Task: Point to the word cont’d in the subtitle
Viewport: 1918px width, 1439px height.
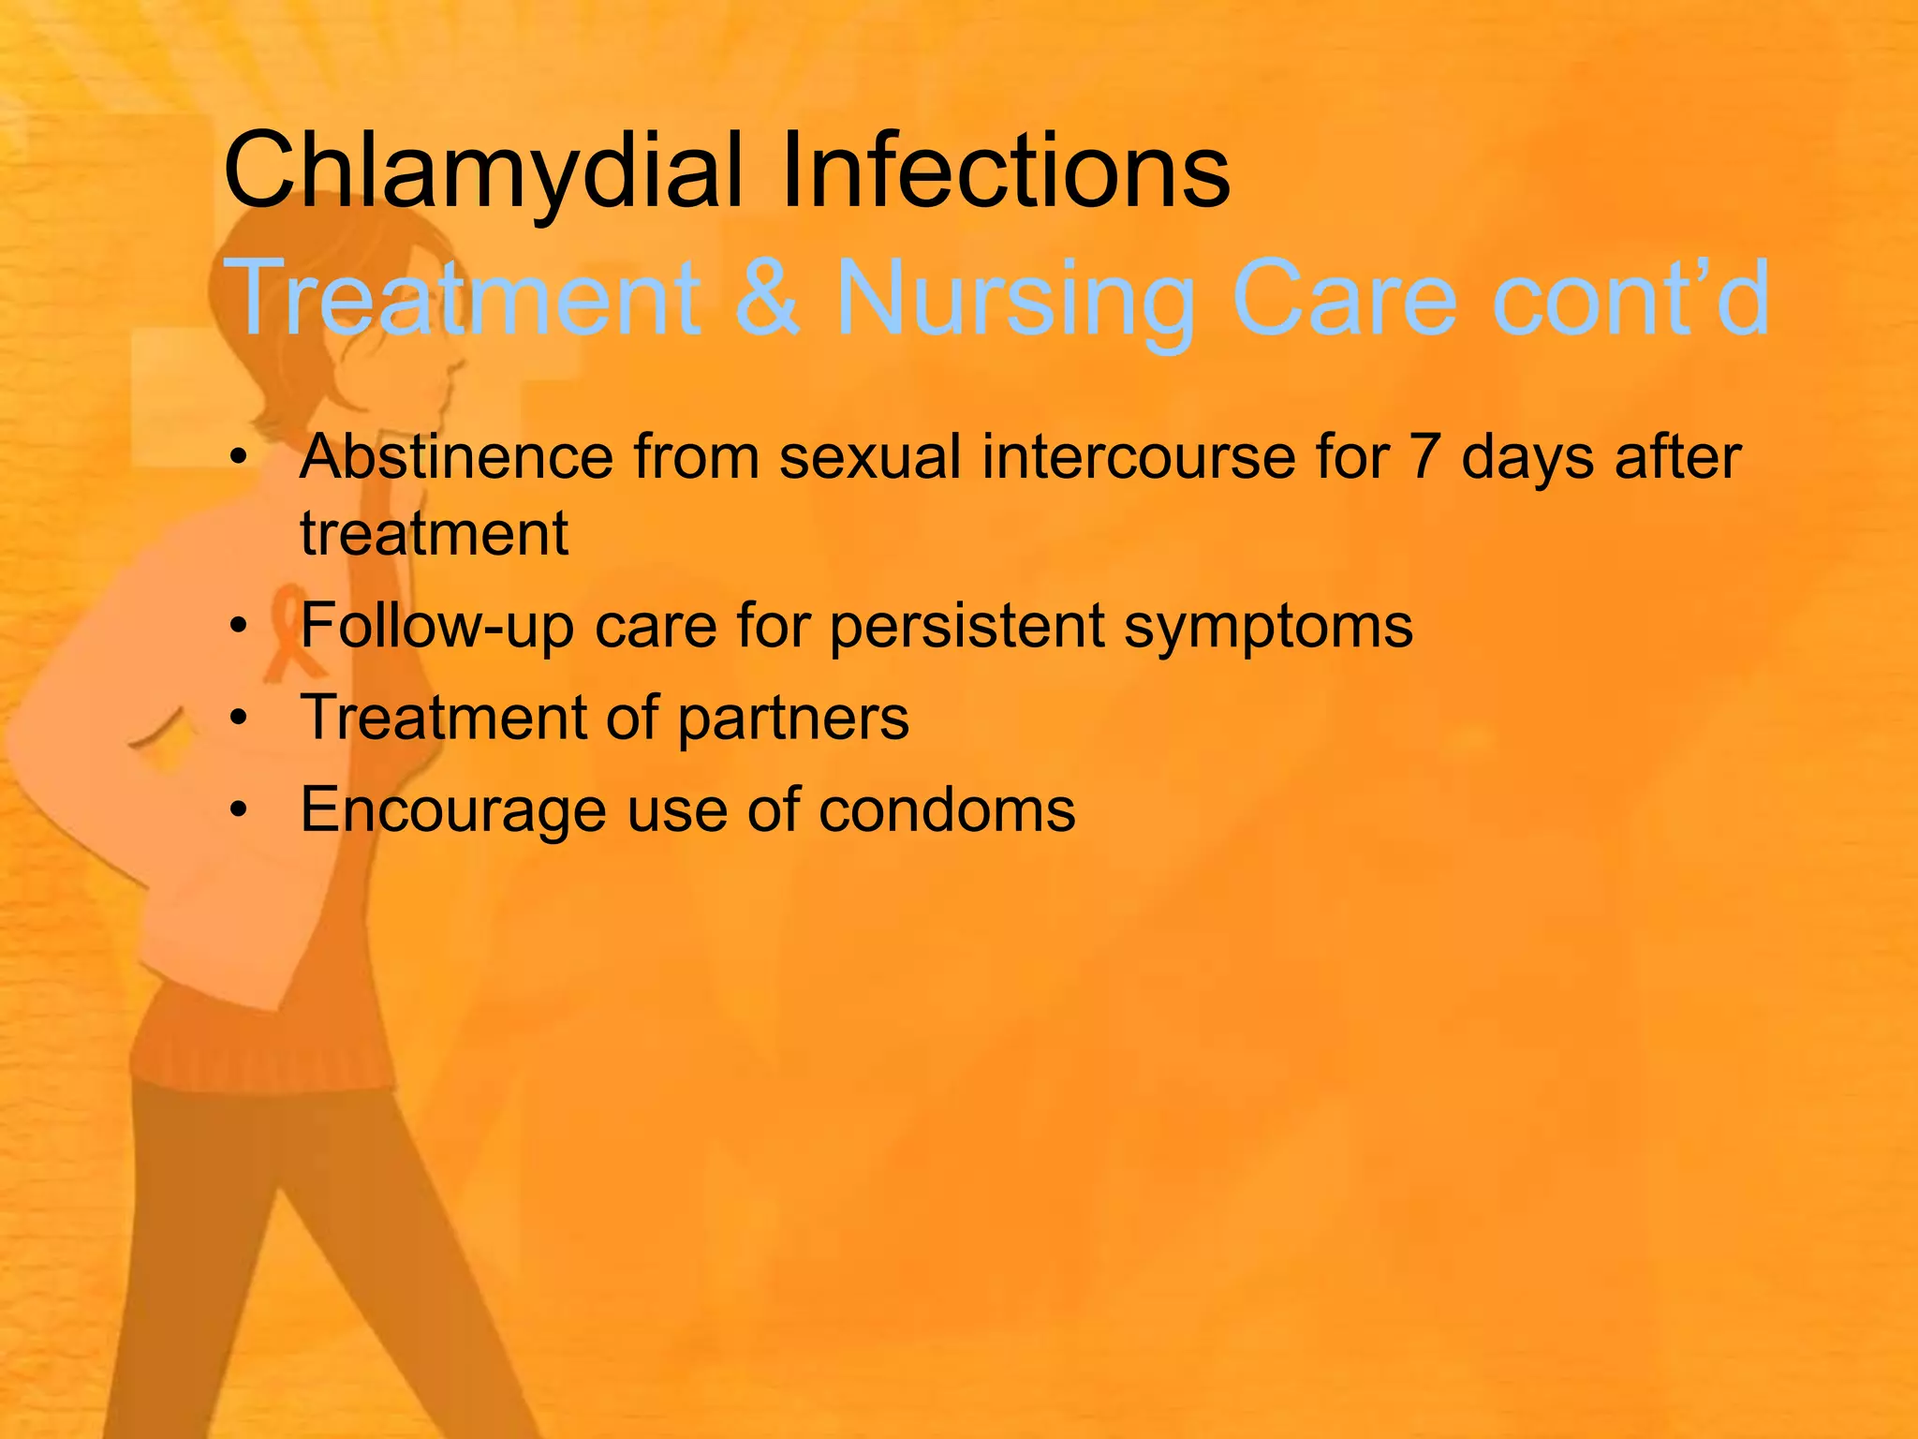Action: click(1630, 298)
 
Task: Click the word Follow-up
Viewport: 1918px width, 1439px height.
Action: click(436, 626)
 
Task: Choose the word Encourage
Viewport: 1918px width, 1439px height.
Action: click(453, 810)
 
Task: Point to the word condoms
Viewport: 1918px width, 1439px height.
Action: click(947, 809)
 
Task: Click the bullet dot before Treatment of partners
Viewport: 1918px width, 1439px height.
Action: click(240, 719)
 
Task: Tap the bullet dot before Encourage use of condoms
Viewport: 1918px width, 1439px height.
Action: click(240, 809)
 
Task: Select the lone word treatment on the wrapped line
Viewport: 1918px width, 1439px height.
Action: click(434, 534)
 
